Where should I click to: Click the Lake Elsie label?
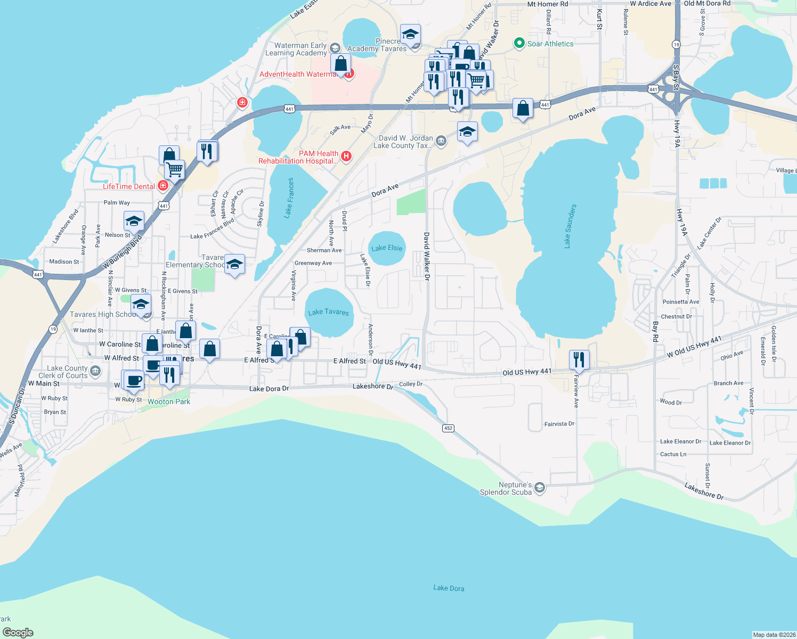point(387,248)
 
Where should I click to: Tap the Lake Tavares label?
point(328,312)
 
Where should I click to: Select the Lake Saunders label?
point(570,226)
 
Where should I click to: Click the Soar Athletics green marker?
point(519,44)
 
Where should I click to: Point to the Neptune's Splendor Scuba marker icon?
point(539,488)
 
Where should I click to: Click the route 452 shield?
point(448,428)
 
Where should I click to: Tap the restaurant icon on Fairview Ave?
point(579,360)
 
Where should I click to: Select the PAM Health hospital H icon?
point(346,156)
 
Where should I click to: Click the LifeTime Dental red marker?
point(163,186)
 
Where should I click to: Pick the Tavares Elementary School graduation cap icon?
point(234,265)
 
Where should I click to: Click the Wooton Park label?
point(169,402)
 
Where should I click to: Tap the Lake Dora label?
point(449,588)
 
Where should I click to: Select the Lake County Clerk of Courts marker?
point(95,371)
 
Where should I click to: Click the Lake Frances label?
point(289,198)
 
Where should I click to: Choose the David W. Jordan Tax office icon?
point(441,141)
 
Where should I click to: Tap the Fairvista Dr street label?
point(559,424)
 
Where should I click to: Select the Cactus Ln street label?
point(673,454)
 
